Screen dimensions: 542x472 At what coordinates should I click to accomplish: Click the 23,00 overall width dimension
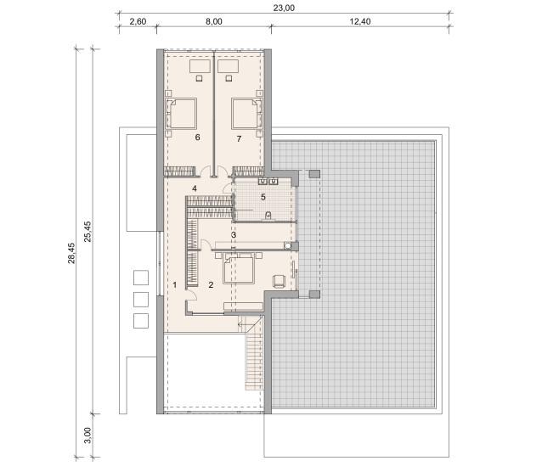coord(284,8)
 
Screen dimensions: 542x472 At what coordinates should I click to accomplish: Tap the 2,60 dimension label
coord(138,21)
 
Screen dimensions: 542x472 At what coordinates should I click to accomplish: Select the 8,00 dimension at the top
coord(213,21)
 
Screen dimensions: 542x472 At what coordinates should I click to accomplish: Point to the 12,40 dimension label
coord(360,21)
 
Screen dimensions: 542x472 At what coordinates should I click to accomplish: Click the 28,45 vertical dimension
coord(71,253)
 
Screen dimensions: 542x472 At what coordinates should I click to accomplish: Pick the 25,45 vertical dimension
coord(88,231)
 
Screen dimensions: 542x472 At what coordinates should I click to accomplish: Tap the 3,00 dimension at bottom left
coord(88,435)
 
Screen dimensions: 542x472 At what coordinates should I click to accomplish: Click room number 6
coord(197,138)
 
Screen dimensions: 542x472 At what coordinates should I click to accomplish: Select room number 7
coord(239,139)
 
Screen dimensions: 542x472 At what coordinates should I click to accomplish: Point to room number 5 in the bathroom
coord(263,197)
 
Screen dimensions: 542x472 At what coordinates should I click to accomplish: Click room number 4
coord(195,188)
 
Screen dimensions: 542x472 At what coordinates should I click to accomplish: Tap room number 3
coord(234,235)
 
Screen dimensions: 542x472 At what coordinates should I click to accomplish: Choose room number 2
coord(211,285)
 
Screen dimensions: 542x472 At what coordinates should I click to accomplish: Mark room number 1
coord(175,285)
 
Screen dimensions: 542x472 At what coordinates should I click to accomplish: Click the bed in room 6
coord(181,114)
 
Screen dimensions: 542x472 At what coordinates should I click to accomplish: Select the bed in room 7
coord(247,114)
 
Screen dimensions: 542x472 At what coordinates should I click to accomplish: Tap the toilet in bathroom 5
coord(268,216)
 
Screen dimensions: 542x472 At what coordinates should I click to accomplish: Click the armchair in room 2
coord(279,281)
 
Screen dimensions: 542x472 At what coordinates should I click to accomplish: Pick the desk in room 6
coord(200,66)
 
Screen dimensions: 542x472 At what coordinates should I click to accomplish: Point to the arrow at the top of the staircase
coord(244,325)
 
